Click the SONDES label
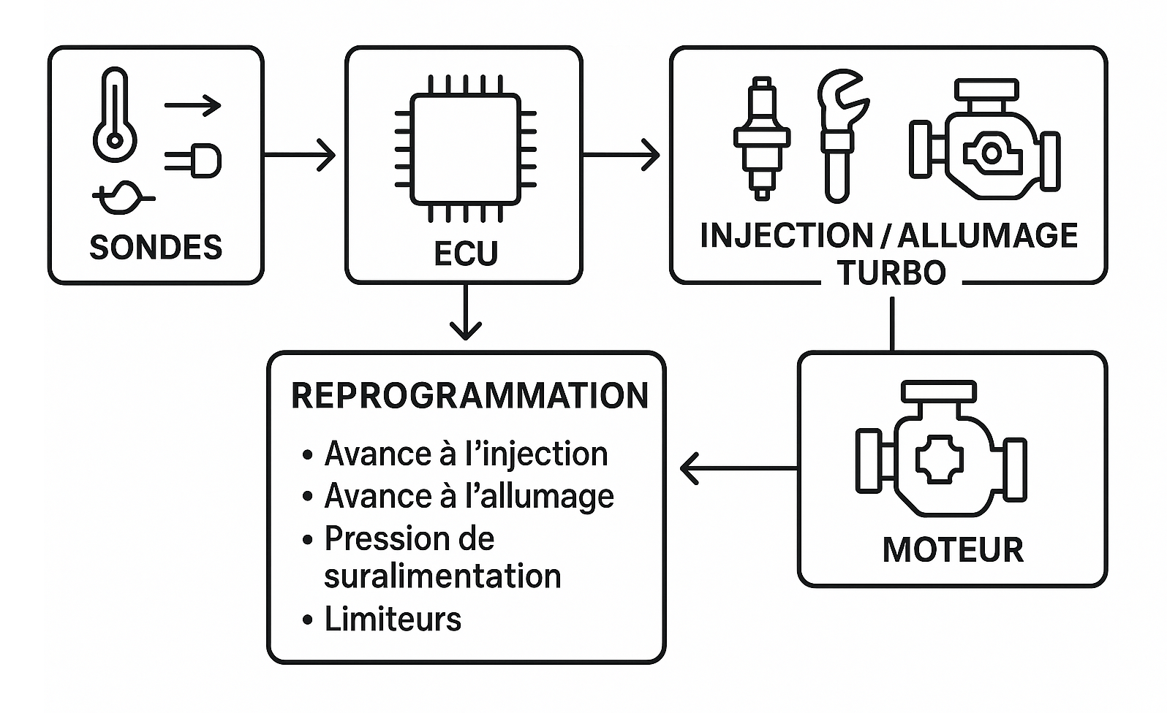tap(156, 248)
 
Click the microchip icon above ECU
tap(465, 148)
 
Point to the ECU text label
tap(466, 253)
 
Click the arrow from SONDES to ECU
tap(300, 156)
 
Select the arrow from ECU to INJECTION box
tap(622, 155)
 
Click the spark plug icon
tap(762, 139)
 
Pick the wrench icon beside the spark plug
tap(839, 135)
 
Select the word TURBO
tap(891, 273)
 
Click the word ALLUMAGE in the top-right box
tap(987, 235)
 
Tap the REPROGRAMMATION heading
tap(469, 395)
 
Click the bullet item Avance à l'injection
tap(465, 454)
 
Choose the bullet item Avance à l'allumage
tap(468, 496)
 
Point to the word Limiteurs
tap(393, 619)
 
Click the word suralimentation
tap(442, 576)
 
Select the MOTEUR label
tap(952, 550)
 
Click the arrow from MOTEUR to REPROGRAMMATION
tap(739, 468)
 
